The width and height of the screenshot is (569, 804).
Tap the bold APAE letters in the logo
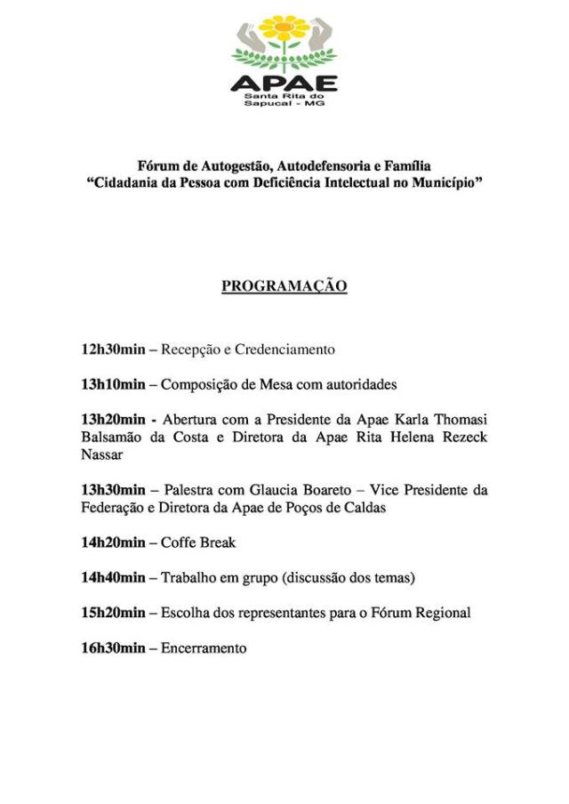284,84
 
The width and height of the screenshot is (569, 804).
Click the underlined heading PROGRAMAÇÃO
284,286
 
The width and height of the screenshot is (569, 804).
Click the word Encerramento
204,648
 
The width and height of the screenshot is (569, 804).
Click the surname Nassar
102,454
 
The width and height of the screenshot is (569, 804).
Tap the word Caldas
365,508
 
